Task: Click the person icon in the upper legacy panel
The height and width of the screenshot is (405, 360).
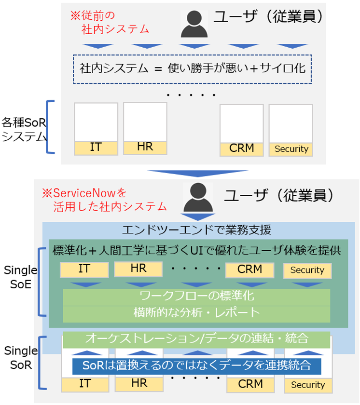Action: pyautogui.click(x=195, y=24)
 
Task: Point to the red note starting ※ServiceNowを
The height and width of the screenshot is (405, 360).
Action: pyautogui.click(x=104, y=200)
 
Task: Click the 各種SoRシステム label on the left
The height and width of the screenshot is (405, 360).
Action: pyautogui.click(x=23, y=129)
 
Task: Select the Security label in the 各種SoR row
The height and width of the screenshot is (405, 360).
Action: pyautogui.click(x=291, y=149)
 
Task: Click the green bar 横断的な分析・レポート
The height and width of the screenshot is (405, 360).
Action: pyautogui.click(x=196, y=313)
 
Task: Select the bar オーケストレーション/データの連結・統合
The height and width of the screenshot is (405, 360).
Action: pyautogui.click(x=196, y=338)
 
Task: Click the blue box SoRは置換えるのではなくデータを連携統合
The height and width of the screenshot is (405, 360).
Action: pyautogui.click(x=196, y=365)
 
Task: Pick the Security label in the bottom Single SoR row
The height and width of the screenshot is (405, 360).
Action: pyautogui.click(x=308, y=385)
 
